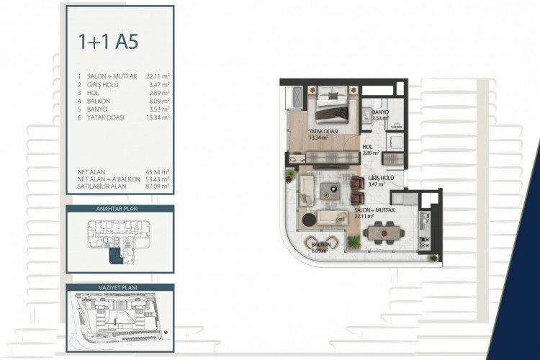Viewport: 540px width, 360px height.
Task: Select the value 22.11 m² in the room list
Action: [x=157, y=76]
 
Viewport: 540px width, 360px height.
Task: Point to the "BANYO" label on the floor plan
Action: [x=381, y=113]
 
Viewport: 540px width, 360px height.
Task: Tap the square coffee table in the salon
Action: [x=331, y=191]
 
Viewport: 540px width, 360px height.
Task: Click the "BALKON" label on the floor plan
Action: [x=320, y=245]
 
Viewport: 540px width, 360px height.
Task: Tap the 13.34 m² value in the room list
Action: [x=157, y=117]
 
